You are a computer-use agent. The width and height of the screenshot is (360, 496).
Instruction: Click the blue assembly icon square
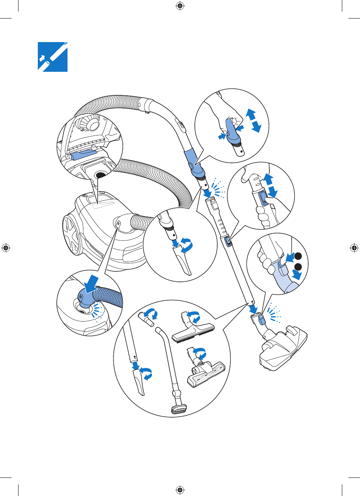tap(52, 57)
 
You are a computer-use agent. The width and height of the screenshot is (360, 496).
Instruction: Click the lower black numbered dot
tap(297, 267)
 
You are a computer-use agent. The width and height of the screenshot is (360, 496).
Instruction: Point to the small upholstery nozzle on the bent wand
tap(178, 410)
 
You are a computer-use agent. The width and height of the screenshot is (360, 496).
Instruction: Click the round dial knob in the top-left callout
tap(92, 124)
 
